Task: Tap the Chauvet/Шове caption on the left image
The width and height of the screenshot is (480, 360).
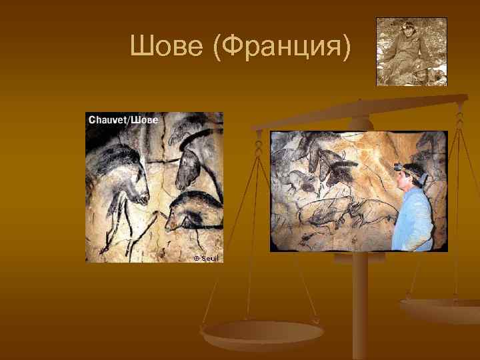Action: (123, 120)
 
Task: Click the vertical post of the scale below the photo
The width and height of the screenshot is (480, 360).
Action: (361, 307)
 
